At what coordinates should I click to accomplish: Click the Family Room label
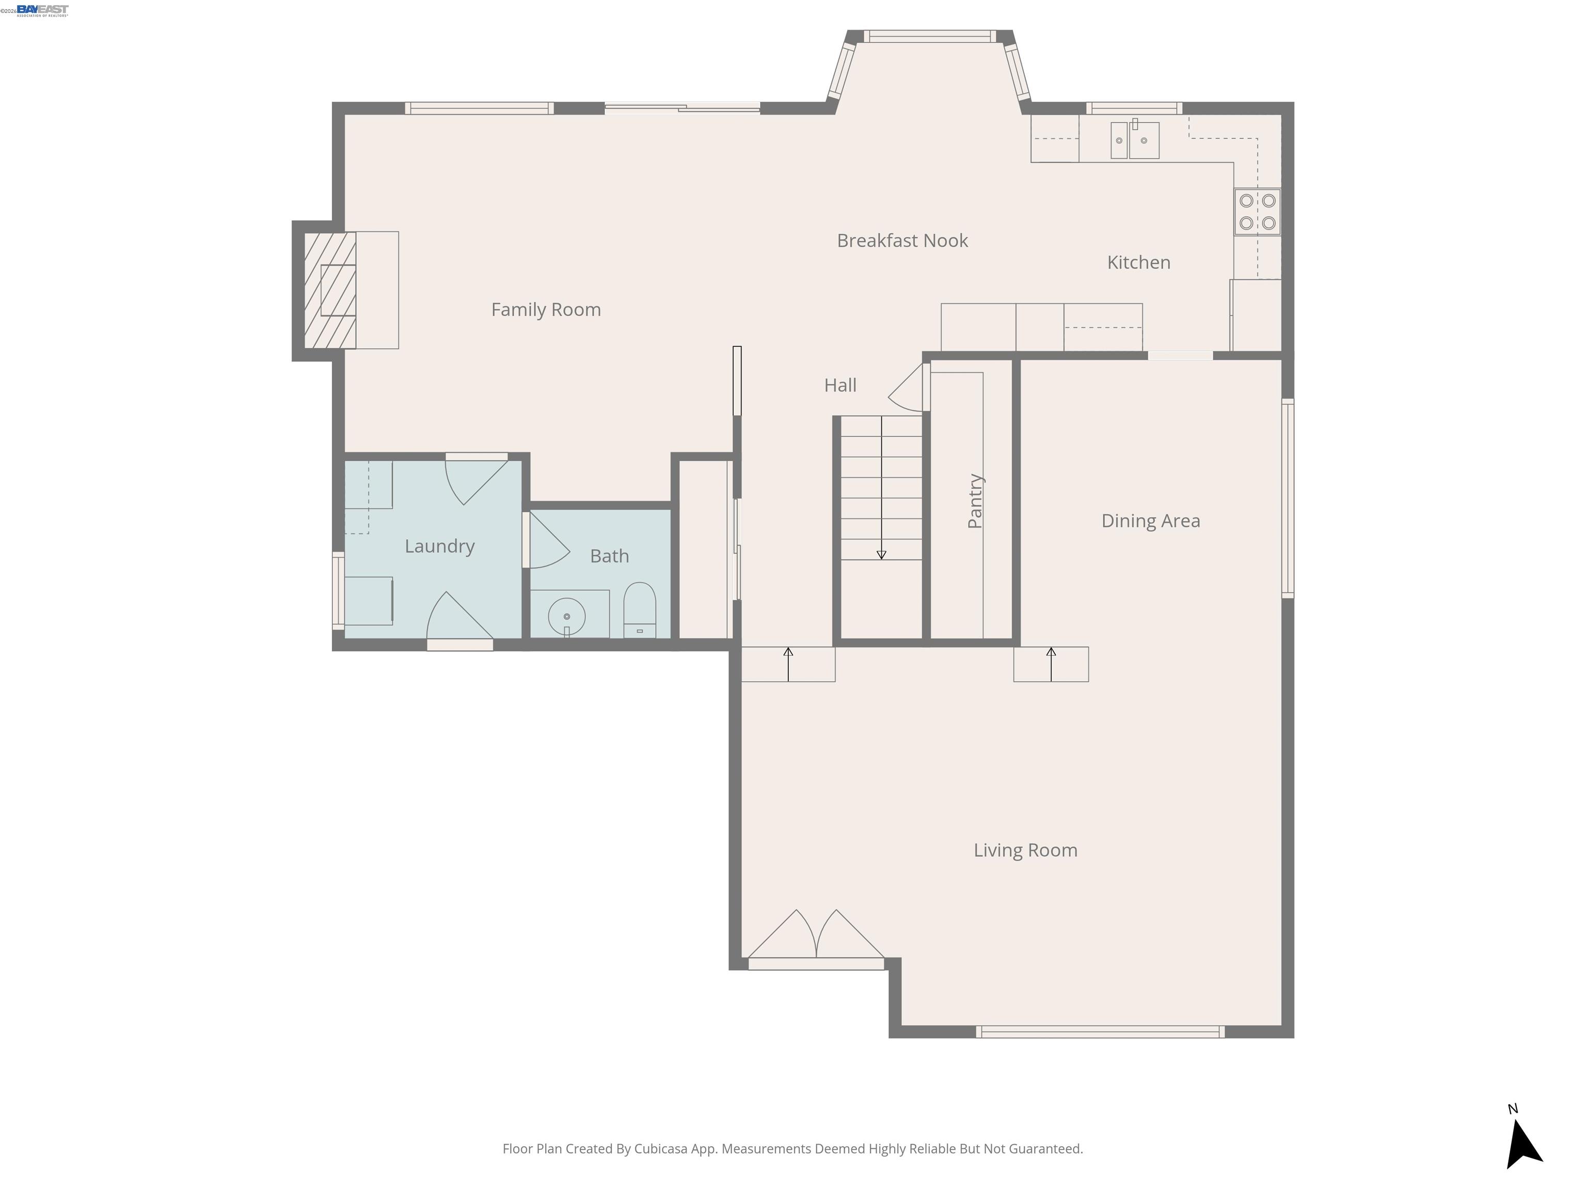[546, 310]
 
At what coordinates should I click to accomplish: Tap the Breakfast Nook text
[902, 241]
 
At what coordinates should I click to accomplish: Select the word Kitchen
[1138, 262]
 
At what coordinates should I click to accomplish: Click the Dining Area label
[1150, 521]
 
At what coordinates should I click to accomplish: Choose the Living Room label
[1025, 850]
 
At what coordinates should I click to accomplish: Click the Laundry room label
[439, 546]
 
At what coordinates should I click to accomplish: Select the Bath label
[609, 556]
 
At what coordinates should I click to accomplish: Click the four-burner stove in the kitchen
[1257, 212]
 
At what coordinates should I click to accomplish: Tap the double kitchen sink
[1134, 140]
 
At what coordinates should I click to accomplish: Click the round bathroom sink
[566, 616]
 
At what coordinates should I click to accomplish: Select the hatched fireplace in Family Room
[330, 290]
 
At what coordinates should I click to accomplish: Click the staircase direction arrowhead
[881, 555]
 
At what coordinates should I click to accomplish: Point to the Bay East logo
[42, 9]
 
